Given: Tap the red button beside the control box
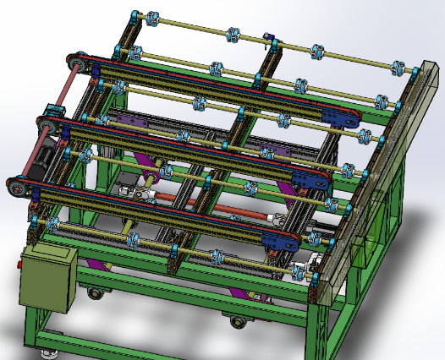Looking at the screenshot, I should pos(17,266).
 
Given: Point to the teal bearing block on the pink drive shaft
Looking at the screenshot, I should pos(52,110).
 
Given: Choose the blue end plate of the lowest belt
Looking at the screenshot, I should pos(280,242).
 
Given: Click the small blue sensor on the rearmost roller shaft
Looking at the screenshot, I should pos(269,38).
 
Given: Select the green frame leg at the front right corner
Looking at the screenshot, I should pos(322,330).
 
